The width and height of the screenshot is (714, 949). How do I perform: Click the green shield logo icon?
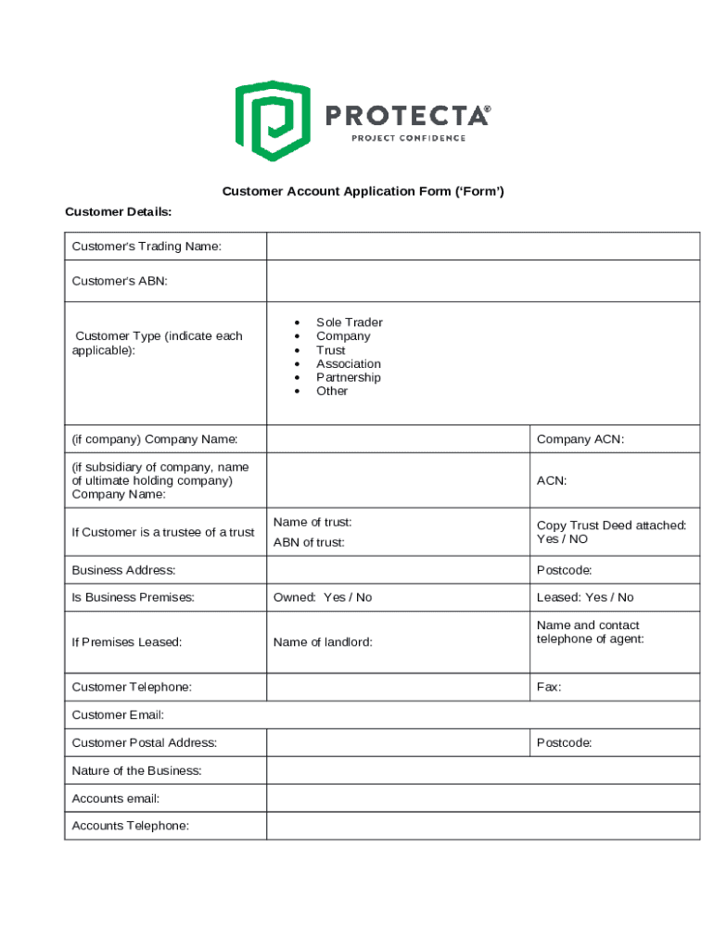click(272, 120)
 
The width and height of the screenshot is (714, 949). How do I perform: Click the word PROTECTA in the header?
click(407, 116)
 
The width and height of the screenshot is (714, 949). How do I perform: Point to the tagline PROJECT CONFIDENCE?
click(408, 139)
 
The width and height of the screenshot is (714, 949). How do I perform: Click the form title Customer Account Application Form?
click(363, 192)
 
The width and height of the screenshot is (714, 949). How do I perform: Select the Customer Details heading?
click(118, 212)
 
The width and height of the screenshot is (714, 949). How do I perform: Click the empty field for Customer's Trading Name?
click(482, 247)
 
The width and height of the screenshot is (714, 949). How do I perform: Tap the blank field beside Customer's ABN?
click(482, 281)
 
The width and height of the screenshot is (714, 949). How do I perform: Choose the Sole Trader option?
click(349, 323)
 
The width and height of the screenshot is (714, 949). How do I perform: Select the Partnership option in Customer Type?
click(348, 377)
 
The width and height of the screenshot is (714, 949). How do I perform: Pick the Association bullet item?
click(348, 364)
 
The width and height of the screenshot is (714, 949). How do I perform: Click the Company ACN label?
click(580, 439)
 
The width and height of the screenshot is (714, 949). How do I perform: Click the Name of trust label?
click(312, 523)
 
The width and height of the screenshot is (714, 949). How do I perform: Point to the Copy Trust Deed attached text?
click(611, 525)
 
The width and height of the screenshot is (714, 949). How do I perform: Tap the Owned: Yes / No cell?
click(323, 598)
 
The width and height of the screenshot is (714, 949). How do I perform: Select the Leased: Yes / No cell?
click(585, 598)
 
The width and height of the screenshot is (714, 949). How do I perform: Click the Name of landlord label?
click(323, 642)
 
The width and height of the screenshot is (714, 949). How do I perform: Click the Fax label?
click(549, 688)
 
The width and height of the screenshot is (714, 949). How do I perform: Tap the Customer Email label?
click(118, 715)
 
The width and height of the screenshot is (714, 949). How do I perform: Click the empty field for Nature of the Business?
click(482, 771)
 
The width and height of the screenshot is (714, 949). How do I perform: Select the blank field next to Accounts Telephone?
click(482, 826)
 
